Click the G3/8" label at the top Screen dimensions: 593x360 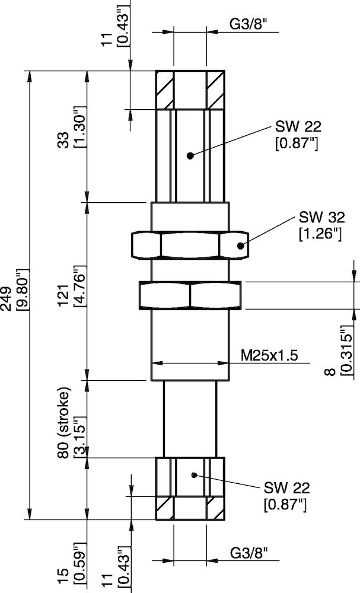(249, 25)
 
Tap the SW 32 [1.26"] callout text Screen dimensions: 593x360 (321, 225)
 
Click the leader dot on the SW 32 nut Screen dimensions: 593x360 (240, 245)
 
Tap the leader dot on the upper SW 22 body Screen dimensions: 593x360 (190, 156)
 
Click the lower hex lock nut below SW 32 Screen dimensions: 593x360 (190, 295)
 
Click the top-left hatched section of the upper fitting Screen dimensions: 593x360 (165, 90)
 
